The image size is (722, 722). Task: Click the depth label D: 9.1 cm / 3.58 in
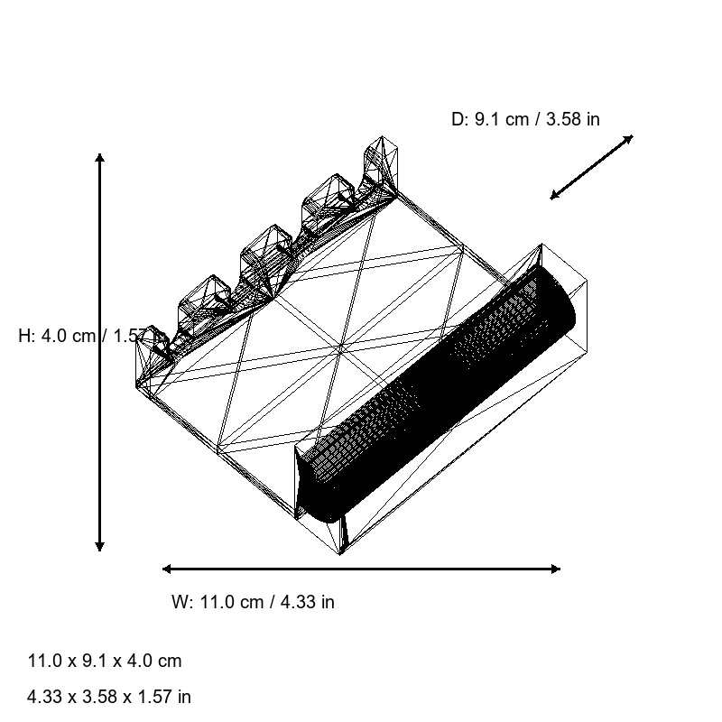pos(525,119)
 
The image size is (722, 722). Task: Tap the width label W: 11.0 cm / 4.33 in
pos(253,602)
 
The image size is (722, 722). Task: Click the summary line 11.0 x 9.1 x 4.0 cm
pos(105,661)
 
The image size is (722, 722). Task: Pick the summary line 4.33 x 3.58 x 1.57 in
pos(109,697)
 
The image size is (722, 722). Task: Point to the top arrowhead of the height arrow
pos(100,158)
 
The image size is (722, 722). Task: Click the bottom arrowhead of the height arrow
pos(100,547)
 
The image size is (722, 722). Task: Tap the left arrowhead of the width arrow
pos(167,569)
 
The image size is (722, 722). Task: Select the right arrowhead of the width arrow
pos(556,569)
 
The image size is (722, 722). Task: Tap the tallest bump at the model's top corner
pos(383,159)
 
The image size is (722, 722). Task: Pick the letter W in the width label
pos(179,602)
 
